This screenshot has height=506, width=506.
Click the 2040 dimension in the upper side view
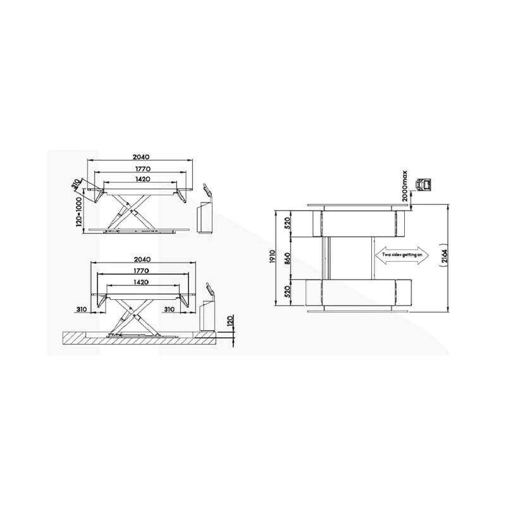(x=141, y=157)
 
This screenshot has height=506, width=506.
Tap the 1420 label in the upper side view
(x=141, y=179)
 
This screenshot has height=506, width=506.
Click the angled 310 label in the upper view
(x=75, y=184)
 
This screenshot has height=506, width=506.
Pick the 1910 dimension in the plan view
(x=271, y=257)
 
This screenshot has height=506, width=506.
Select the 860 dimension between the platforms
(x=288, y=257)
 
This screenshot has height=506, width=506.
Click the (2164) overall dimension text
(x=445, y=257)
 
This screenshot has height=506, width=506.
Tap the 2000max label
(x=405, y=186)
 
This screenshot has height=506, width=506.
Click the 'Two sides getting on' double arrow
(x=402, y=256)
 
